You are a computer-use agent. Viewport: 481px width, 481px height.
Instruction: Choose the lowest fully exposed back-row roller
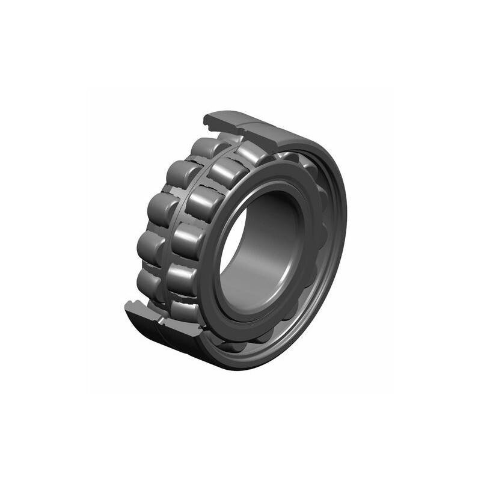147,283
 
